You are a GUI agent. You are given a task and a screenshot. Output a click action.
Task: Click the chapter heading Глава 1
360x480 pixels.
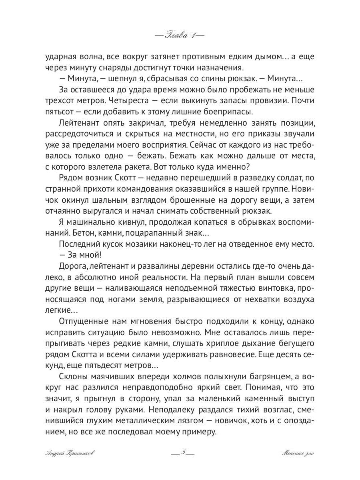(x=179, y=35)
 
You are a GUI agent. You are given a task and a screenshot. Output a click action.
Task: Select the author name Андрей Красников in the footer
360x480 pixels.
(x=71, y=453)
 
